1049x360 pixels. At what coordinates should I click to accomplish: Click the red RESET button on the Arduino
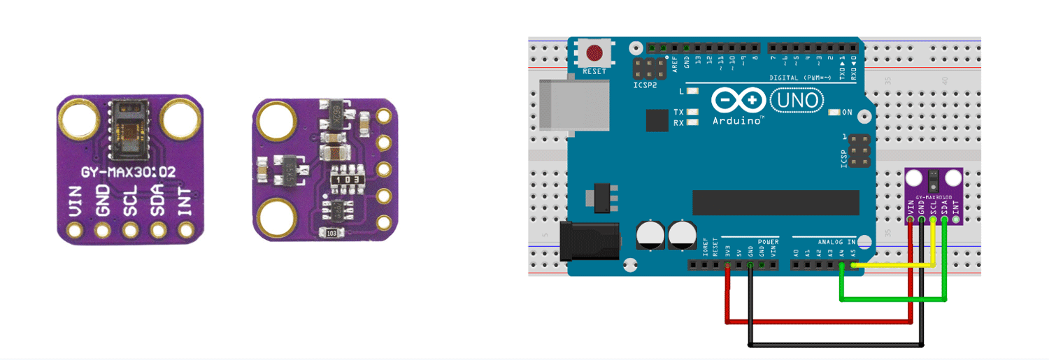(x=595, y=52)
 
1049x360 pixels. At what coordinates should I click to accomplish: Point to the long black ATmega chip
(x=775, y=202)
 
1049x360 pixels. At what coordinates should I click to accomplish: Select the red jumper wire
(x=818, y=322)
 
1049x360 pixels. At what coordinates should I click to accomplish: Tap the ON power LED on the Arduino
(x=834, y=113)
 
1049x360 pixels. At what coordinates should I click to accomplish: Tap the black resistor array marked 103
(x=347, y=179)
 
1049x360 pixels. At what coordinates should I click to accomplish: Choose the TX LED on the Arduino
(x=693, y=112)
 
